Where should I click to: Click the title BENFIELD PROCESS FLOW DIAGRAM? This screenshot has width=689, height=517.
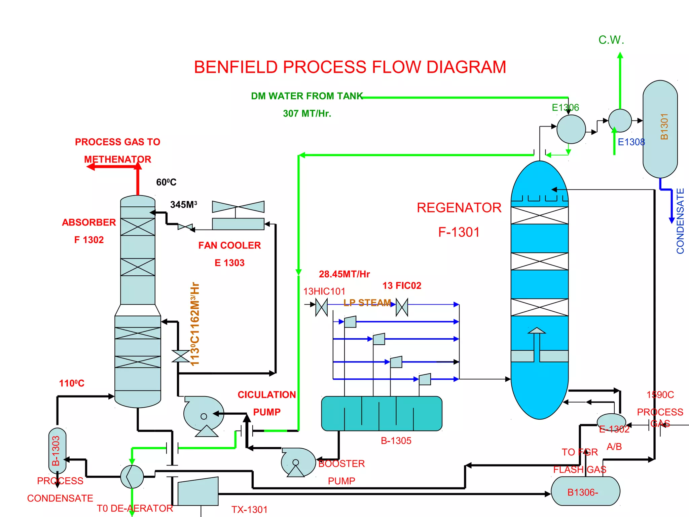tap(350, 67)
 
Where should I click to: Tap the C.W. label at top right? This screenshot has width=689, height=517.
tap(611, 40)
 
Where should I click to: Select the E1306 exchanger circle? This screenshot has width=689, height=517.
tap(571, 129)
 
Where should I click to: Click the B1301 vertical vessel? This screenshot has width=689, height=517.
tap(660, 129)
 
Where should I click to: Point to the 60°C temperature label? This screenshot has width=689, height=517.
tap(166, 182)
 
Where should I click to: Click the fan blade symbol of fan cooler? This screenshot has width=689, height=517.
tap(238, 207)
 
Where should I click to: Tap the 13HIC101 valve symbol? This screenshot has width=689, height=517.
tap(321, 307)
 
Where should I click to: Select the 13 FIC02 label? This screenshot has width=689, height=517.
tap(402, 286)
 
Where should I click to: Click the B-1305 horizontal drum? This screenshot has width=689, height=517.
tap(382, 413)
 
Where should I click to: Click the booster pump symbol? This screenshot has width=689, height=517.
tap(297, 462)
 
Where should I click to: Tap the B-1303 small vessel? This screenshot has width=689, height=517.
tap(57, 451)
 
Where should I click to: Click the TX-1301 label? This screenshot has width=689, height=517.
tap(249, 510)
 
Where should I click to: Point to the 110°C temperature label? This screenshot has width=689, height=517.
tap(72, 383)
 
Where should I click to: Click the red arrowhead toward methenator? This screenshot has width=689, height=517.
tap(90, 167)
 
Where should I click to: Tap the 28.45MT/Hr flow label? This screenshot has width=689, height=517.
tap(344, 274)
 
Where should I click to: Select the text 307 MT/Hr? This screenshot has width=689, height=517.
tap(307, 114)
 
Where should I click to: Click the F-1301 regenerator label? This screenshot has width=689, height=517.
tap(459, 232)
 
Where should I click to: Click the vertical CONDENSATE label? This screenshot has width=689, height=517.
tap(680, 221)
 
